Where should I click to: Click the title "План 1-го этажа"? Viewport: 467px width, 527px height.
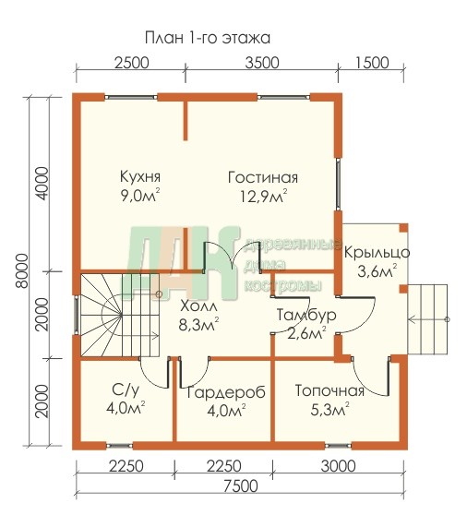(208, 38)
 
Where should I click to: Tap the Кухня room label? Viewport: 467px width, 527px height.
(140, 177)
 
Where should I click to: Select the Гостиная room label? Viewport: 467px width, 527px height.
(263, 177)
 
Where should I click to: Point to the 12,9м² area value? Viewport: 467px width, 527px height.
(263, 196)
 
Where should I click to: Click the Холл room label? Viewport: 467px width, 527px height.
(198, 306)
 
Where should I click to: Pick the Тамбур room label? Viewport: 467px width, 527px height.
(306, 316)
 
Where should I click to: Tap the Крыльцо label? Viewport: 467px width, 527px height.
(377, 253)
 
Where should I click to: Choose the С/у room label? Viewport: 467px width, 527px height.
(126, 389)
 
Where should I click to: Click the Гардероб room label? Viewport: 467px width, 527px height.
(226, 392)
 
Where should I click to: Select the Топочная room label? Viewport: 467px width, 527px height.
(329, 391)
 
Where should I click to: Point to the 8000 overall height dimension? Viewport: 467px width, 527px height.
(22, 271)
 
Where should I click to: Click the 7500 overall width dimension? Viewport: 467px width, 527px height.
(241, 486)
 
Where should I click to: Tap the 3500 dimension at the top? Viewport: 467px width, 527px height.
(262, 63)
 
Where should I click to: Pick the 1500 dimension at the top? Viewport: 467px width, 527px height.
(372, 63)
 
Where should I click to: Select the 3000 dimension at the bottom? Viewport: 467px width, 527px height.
(338, 466)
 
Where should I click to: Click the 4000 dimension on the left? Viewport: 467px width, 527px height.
(43, 184)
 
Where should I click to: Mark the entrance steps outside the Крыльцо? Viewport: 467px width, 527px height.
(427, 319)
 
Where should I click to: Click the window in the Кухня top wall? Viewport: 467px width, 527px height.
(131, 97)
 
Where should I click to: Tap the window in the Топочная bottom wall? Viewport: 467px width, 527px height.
(338, 446)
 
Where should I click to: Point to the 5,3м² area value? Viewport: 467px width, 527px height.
(329, 410)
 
